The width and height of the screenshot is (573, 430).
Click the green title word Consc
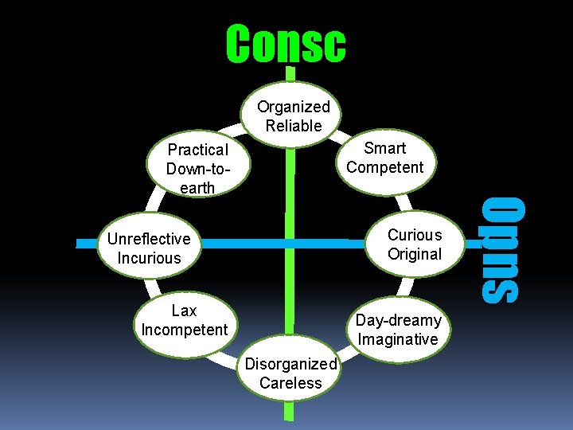[286, 44]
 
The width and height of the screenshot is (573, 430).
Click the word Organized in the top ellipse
[293, 107]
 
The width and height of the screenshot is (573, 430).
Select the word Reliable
[294, 126]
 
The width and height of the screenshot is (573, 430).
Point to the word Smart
[385, 148]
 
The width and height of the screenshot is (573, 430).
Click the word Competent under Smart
[385, 167]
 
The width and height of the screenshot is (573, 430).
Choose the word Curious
[415, 235]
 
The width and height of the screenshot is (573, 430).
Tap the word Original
[415, 254]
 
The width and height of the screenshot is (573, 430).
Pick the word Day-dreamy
[398, 320]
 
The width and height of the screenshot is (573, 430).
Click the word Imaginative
[398, 339]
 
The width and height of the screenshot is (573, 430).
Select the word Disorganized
[290, 364]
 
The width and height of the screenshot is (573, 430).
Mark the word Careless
[290, 383]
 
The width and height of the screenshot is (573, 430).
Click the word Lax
[184, 311]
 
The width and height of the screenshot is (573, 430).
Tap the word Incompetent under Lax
[184, 330]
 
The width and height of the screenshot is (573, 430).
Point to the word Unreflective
[149, 239]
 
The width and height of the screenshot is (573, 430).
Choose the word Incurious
[149, 258]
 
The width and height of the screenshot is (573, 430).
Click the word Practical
[198, 150]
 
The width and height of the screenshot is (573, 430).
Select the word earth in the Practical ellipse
[198, 188]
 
